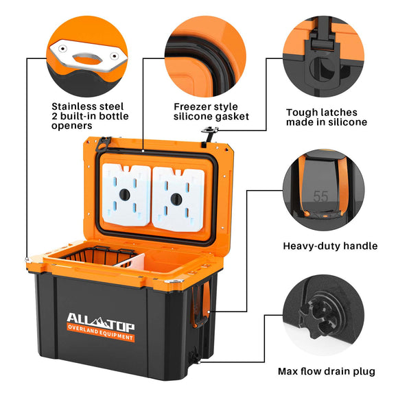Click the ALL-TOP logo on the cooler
tap(101, 322)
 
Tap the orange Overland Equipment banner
tap(101, 333)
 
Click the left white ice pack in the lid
tap(126, 195)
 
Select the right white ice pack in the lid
tap(178, 199)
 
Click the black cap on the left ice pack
tap(125, 195)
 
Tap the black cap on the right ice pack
tap(176, 199)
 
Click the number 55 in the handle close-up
tap(320, 196)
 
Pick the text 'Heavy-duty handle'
tap(330, 246)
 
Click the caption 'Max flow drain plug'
tap(327, 371)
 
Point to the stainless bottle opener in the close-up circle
tap(88, 56)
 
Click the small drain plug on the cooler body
tap(195, 355)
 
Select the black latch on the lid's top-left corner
tap(104, 144)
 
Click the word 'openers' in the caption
tap(71, 126)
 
